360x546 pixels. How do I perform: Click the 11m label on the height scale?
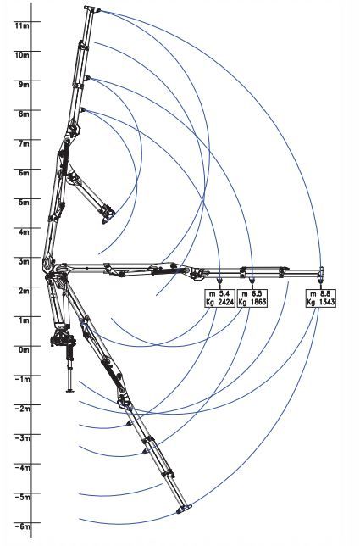point(21,25)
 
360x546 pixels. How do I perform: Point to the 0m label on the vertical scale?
point(25,349)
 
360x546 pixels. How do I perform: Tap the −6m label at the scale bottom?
point(23,526)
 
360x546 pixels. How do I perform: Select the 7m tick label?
point(25,143)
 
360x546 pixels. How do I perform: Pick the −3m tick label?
point(23,438)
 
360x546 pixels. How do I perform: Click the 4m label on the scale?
point(25,232)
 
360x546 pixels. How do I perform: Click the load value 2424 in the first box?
point(226,302)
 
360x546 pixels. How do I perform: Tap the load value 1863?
point(258,302)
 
